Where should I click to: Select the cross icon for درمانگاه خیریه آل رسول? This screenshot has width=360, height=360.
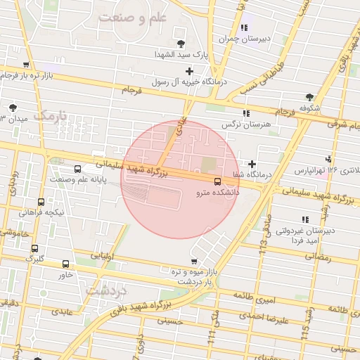(189, 71)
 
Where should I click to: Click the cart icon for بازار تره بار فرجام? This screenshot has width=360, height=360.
(26, 64)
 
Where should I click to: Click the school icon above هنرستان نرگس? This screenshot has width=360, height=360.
(245, 113)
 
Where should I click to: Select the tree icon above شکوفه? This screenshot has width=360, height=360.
(309, 98)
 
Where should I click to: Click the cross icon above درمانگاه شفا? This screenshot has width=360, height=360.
(252, 164)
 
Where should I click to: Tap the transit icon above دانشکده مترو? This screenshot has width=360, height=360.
(216, 180)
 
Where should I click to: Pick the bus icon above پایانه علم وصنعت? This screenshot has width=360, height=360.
(77, 169)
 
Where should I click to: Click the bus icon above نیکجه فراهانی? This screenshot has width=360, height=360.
(41, 202)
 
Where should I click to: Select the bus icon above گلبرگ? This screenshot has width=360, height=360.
(34, 248)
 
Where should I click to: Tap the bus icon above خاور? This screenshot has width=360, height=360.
(66, 264)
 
